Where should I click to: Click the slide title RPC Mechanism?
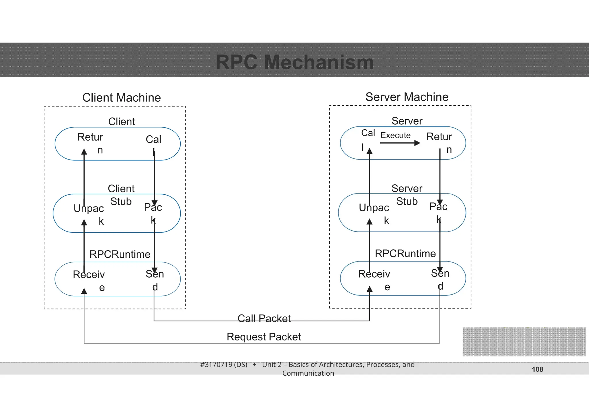294,62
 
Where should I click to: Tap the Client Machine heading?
121,98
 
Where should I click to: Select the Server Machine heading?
407,97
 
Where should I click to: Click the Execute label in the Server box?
395,135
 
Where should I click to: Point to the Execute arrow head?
418,143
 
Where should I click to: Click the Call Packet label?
264,318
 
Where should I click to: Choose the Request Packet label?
264,337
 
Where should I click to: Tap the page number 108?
537,369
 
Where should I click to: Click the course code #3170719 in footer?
223,365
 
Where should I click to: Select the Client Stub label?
121,195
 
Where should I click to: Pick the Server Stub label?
407,195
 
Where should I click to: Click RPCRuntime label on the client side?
120,254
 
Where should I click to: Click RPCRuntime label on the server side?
405,253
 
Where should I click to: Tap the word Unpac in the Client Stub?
89,208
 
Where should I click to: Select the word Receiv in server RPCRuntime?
374,274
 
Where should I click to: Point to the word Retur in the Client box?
90,137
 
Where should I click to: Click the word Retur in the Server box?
439,137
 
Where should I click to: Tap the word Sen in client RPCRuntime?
155,274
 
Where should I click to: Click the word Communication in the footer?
308,373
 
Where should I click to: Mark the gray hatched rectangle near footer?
524,342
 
